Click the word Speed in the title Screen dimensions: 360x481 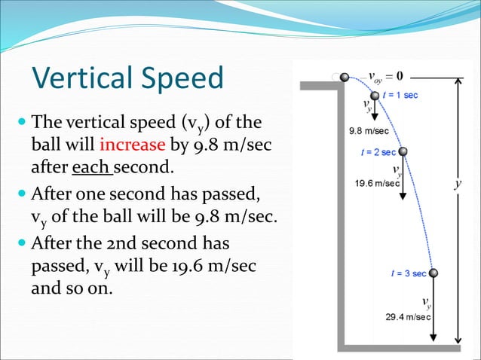point(182,78)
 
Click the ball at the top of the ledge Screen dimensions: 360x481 point(345,77)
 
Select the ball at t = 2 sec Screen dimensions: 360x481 point(403,151)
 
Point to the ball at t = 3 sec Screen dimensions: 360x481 point(434,273)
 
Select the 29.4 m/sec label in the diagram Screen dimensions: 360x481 point(408,317)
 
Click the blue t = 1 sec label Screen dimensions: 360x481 point(400,95)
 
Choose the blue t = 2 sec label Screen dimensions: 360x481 point(379,151)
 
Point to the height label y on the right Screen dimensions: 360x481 point(458,183)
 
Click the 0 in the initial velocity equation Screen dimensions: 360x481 point(399,76)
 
